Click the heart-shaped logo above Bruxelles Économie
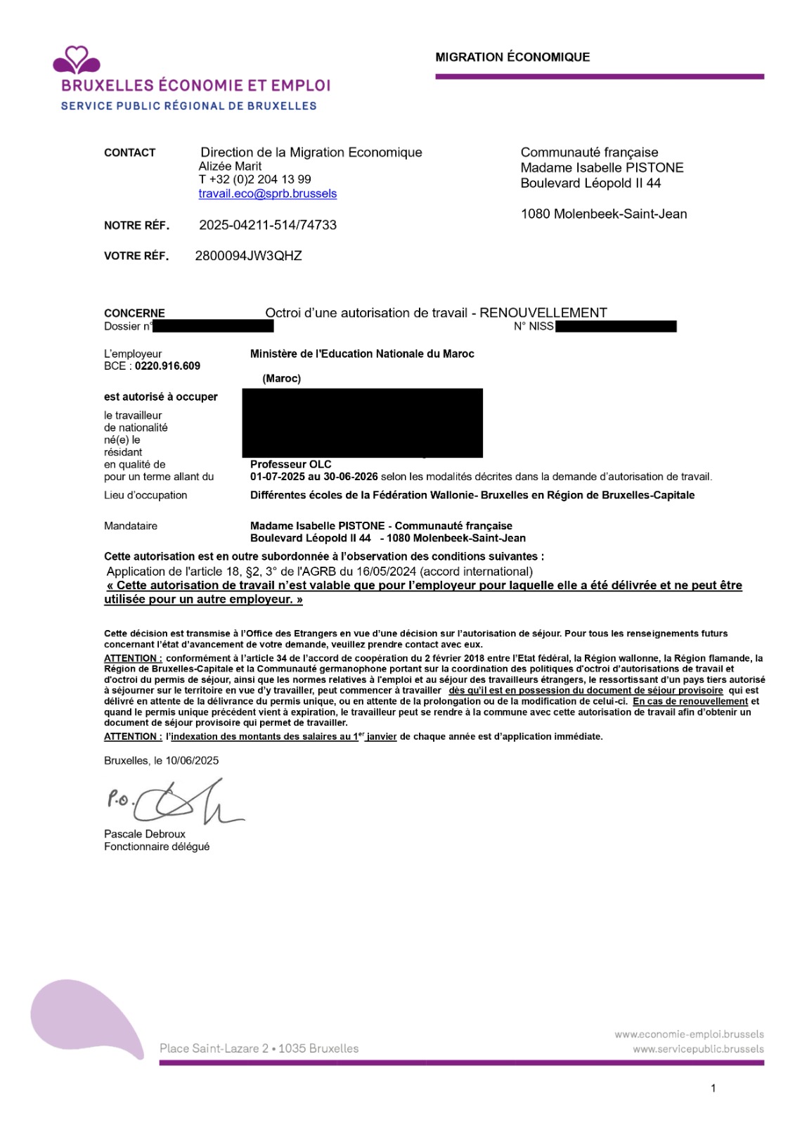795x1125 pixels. tap(77, 60)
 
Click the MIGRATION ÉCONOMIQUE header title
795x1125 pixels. tap(512, 57)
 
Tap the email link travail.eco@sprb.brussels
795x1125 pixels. tap(267, 193)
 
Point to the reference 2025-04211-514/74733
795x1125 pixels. tap(268, 225)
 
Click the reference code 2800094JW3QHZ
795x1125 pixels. tap(248, 256)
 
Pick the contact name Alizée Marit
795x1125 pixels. tap(230, 166)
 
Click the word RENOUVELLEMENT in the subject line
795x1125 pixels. tap(543, 313)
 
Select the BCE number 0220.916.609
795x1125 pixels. tap(167, 366)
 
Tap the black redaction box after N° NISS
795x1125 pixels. tap(616, 326)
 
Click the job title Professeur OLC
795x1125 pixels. tap(290, 464)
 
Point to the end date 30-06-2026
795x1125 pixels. tap(351, 477)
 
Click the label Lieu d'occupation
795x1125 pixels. tap(146, 495)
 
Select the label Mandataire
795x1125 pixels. tap(131, 526)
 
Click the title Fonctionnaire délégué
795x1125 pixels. tap(157, 847)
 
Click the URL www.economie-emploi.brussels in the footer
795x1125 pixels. tap(689, 1034)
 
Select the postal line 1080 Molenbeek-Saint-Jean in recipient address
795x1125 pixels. tap(604, 214)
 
